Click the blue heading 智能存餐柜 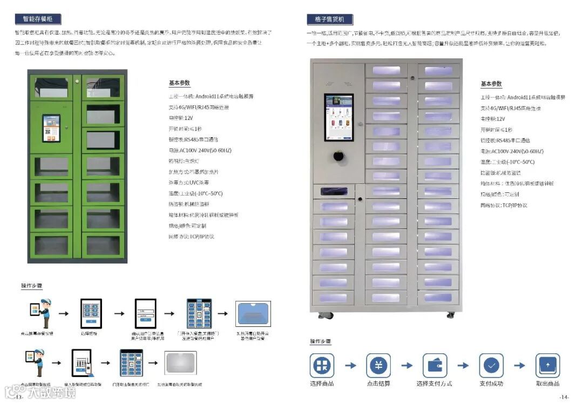tap(38, 19)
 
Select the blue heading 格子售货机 tap(329, 19)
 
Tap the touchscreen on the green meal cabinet tap(51, 128)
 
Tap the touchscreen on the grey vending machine tap(338, 117)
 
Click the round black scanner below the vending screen tap(338, 156)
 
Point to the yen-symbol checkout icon tap(378, 366)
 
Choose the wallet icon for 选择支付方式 tap(435, 366)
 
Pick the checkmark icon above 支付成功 tap(491, 366)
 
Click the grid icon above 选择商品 tap(322, 366)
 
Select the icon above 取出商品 tap(547, 366)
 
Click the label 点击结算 tap(378, 384)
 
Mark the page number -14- tap(564, 397)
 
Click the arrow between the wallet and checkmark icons tap(463, 366)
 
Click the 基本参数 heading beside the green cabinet tap(179, 83)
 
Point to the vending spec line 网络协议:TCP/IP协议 tap(504, 205)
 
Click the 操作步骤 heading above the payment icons tap(320, 341)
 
